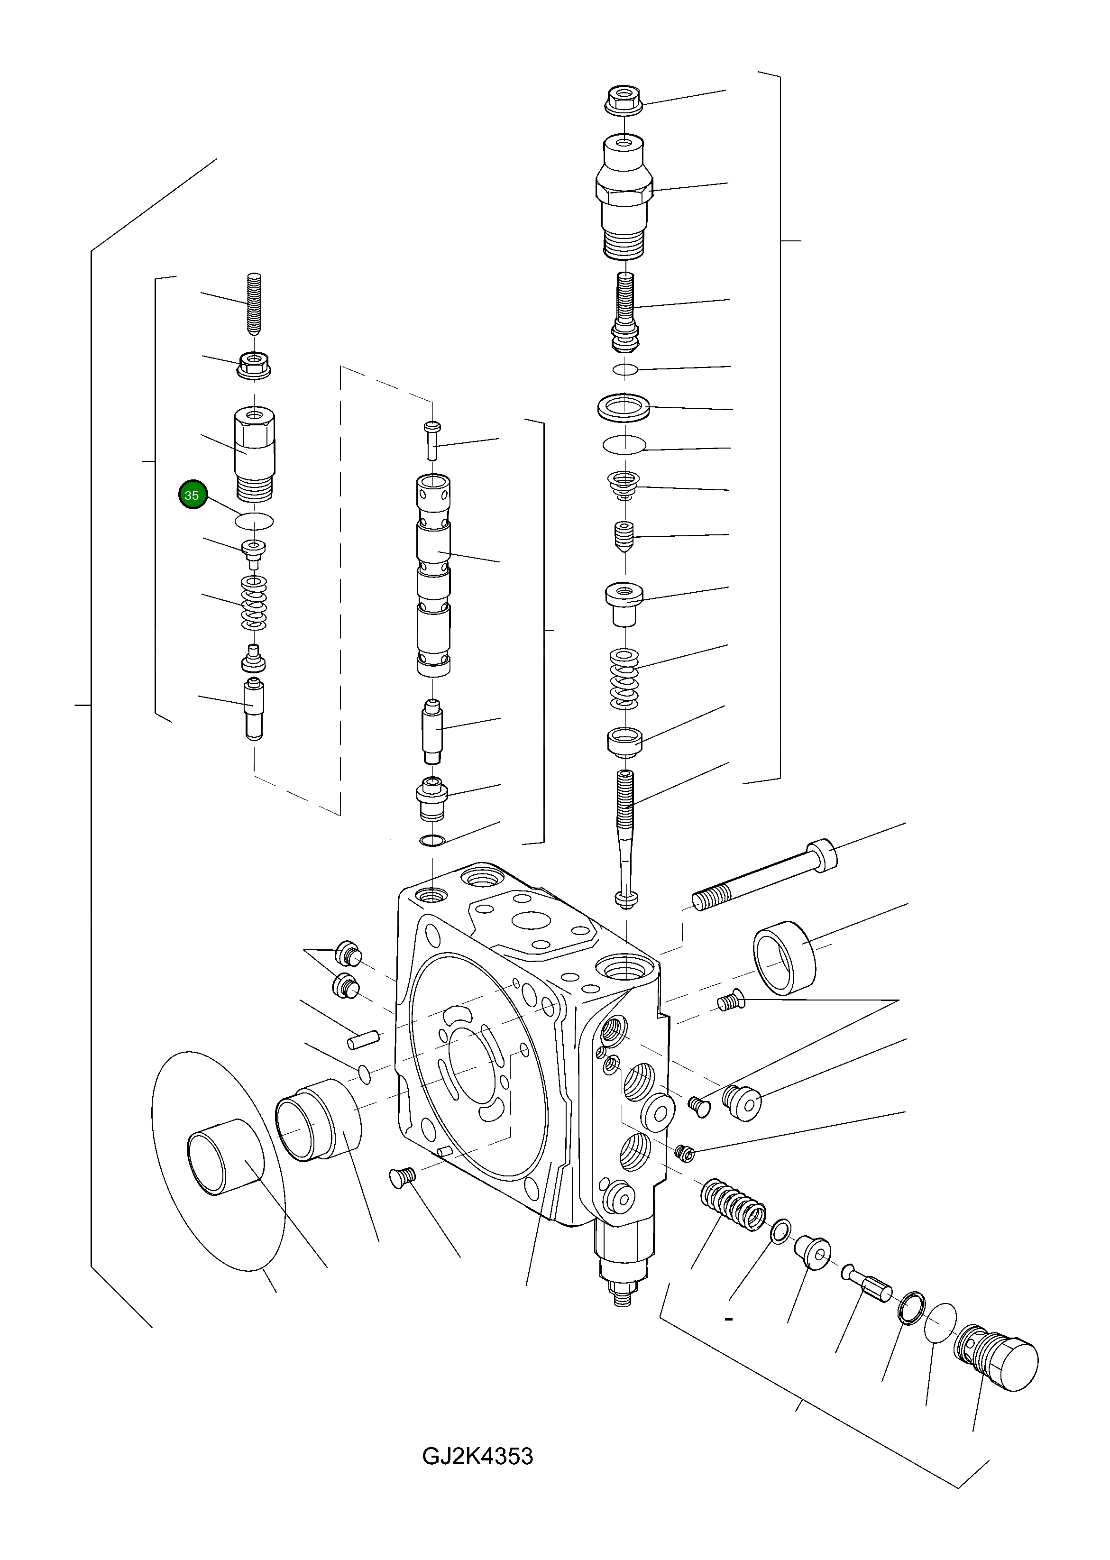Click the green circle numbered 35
[x=192, y=496]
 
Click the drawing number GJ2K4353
[x=477, y=1456]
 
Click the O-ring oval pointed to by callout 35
[x=254, y=522]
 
